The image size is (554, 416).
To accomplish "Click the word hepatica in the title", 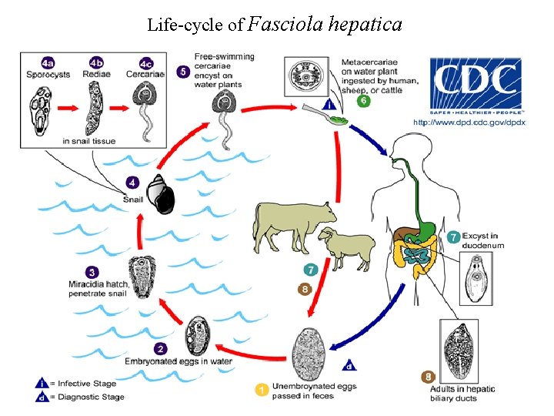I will (x=364, y=24).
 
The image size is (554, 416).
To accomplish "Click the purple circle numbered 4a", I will (x=48, y=62).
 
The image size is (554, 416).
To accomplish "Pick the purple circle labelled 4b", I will (x=96, y=62).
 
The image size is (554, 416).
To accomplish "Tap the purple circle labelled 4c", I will (x=145, y=62).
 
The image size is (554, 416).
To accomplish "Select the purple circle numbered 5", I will (x=183, y=71).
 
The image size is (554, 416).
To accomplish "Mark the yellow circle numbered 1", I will (x=262, y=391).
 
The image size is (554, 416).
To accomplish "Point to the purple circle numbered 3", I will (x=92, y=272).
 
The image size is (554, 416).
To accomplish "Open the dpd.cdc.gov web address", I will (x=469, y=122).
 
